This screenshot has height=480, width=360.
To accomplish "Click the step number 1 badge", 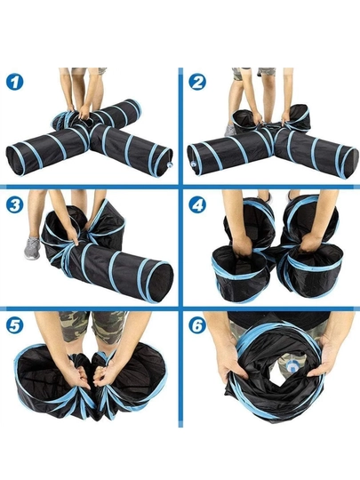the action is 14,82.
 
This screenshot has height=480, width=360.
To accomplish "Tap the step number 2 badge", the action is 197,82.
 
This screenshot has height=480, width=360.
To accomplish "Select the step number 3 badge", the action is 14,204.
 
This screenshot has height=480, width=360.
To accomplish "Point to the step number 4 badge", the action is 197,204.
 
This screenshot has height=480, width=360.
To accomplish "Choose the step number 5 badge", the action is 14,325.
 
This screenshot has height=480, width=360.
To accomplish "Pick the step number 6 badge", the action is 197,325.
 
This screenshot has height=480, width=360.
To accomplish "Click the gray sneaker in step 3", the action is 32,248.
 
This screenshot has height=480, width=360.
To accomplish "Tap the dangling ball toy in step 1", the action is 169,165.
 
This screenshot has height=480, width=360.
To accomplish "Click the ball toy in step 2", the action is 194,164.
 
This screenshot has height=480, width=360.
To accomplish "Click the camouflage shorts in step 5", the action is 92,327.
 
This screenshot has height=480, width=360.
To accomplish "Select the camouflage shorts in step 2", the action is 253,72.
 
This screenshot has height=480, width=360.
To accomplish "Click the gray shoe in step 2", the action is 230,130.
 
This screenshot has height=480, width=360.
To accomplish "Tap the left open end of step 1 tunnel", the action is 15,161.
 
